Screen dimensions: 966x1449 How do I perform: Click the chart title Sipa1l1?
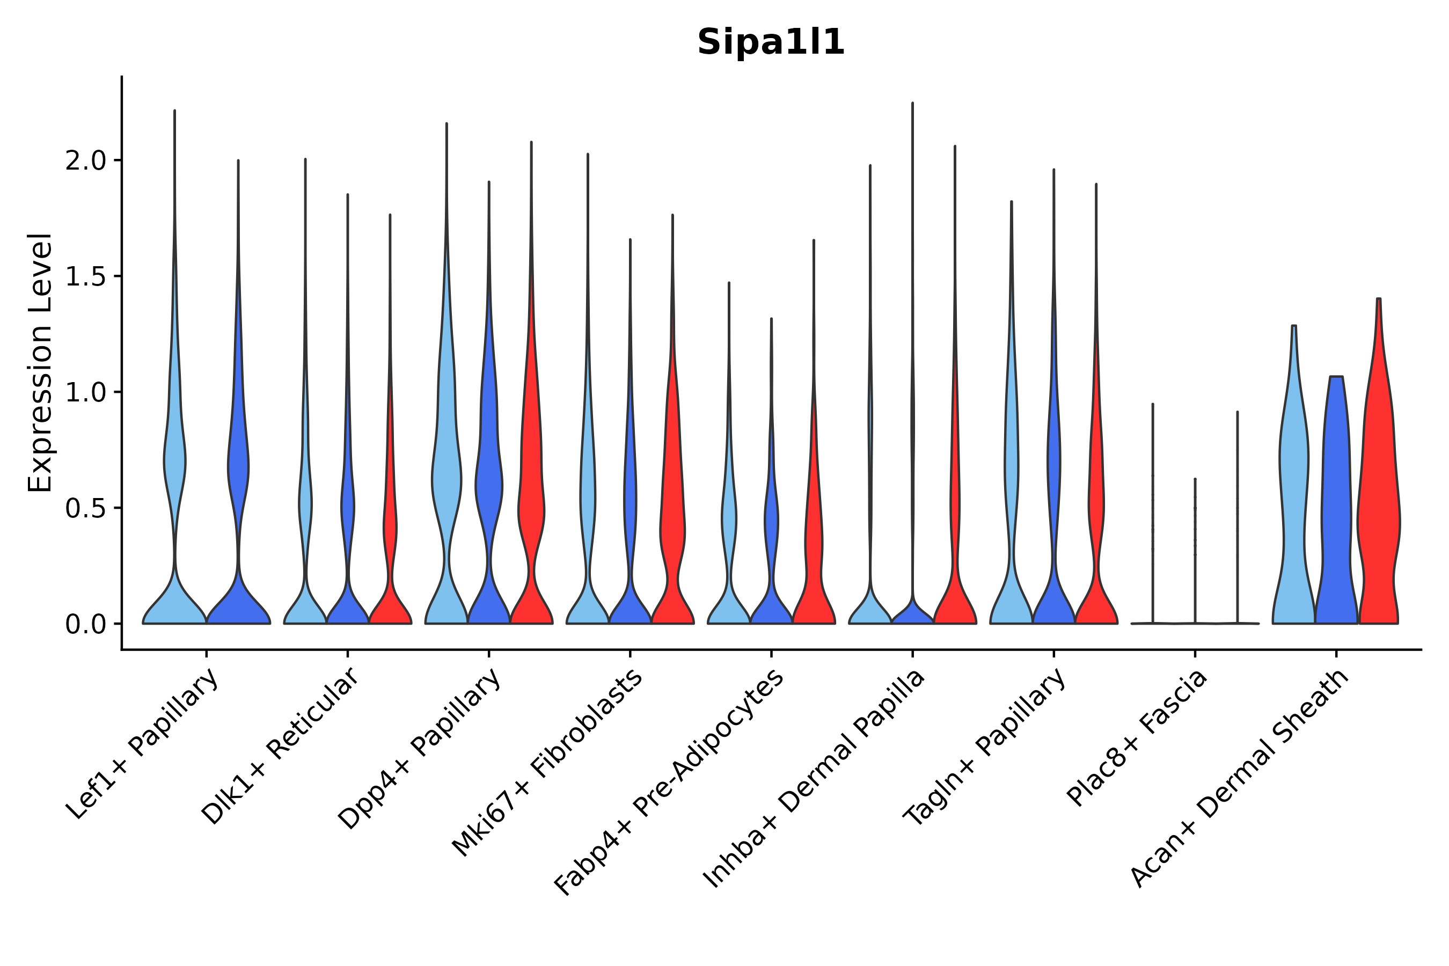(x=770, y=43)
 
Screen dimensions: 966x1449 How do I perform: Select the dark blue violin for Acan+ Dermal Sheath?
(x=1336, y=505)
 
